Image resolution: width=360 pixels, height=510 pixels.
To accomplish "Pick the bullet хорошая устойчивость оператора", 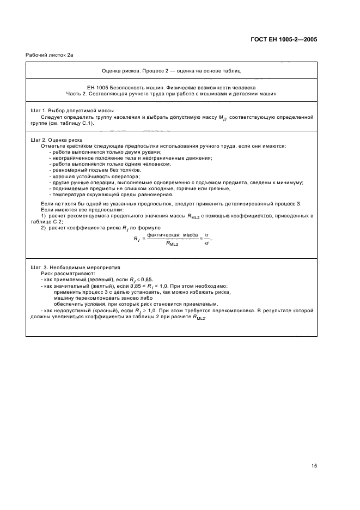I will pyautogui.click(x=94, y=176).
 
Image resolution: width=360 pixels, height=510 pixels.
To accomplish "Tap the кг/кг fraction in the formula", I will pyautogui.click(x=206, y=239).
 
